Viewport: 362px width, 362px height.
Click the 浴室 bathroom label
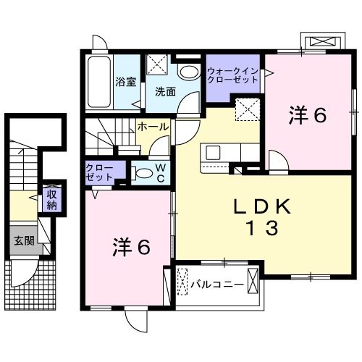(x=126, y=82)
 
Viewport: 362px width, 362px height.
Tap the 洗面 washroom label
(x=165, y=92)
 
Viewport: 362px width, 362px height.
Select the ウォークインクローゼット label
(x=231, y=75)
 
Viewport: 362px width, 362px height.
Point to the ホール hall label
(x=153, y=127)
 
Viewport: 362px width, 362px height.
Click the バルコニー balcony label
(x=217, y=285)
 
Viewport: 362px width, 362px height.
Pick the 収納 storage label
(x=51, y=198)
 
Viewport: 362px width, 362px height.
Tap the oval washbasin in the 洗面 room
(x=190, y=71)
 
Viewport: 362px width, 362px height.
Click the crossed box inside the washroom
(x=157, y=66)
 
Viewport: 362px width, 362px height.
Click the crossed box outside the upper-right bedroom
(x=319, y=42)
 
